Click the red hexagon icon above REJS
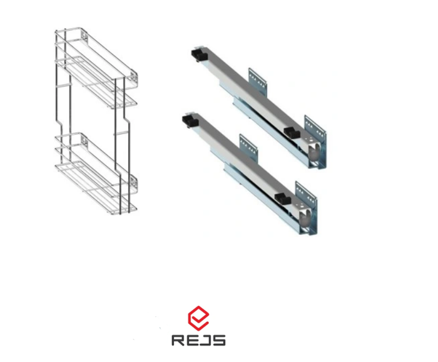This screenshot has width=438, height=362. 198,318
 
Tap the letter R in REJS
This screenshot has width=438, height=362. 178,341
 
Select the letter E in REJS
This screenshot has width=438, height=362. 193,341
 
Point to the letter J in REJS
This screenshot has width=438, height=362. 206,341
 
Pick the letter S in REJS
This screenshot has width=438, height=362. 219,341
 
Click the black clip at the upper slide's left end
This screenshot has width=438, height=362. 199,54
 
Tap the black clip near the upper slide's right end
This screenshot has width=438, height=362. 292,133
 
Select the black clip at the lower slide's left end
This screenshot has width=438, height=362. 190,121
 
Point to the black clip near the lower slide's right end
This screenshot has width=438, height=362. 283,199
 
